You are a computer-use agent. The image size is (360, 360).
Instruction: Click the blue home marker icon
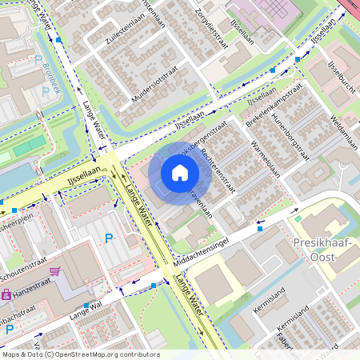tap(180, 173)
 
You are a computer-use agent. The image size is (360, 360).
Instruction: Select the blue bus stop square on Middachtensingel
tap(259, 229)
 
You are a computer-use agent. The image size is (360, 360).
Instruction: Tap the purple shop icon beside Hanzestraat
tap(7, 294)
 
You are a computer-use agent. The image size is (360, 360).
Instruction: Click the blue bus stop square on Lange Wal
tap(86, 306)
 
